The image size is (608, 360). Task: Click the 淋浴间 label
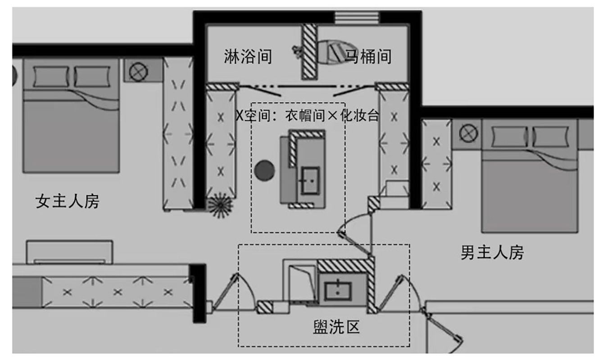pyautogui.click(x=248, y=57)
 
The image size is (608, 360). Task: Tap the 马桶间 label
pyautogui.click(x=368, y=57)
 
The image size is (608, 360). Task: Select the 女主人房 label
pyautogui.click(x=68, y=201)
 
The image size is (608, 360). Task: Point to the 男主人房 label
pyautogui.click(x=492, y=252)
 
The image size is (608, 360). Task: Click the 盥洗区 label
pyautogui.click(x=336, y=327)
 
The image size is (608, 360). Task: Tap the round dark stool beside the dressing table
pyautogui.click(x=264, y=170)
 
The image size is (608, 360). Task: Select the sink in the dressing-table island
pyautogui.click(x=310, y=180)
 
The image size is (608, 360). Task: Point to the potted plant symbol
pyautogui.click(x=220, y=205)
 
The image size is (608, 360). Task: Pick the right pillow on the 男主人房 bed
pyautogui.click(x=550, y=136)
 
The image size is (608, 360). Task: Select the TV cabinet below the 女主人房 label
pyautogui.click(x=69, y=252)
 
